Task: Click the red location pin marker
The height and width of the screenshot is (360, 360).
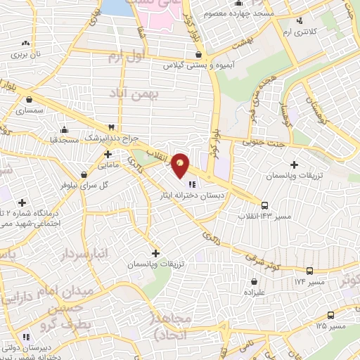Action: (181, 165)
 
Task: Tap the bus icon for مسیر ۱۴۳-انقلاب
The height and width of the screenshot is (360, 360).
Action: (264, 205)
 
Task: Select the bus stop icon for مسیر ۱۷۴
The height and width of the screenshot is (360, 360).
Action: (310, 270)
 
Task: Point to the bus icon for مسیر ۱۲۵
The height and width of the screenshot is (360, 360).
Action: (330, 316)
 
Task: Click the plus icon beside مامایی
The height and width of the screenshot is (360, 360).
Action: (108, 153)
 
